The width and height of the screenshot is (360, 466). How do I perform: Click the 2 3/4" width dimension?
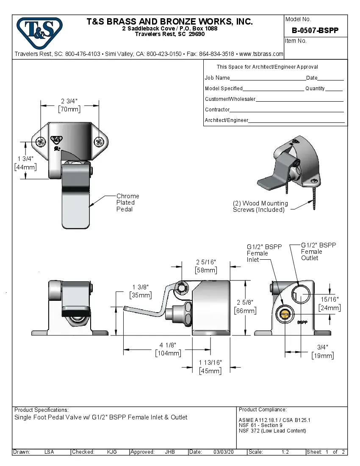click(x=69, y=101)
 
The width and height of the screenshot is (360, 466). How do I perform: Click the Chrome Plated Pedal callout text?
click(x=127, y=202)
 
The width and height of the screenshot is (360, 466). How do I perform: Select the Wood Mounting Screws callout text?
click(x=260, y=206)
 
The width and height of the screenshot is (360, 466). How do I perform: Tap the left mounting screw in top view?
click(x=41, y=142)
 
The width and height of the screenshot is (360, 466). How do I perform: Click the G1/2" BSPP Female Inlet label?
click(x=258, y=253)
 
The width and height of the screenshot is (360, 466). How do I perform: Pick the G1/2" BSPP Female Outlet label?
click(x=318, y=251)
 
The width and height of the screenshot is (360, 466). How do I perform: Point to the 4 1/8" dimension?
click(x=168, y=345)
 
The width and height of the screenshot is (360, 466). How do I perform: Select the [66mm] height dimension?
click(x=245, y=311)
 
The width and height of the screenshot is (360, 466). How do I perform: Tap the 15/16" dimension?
click(x=330, y=300)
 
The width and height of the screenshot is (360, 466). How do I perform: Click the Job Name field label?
click(x=217, y=78)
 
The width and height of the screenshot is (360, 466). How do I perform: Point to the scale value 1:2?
click(x=285, y=452)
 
